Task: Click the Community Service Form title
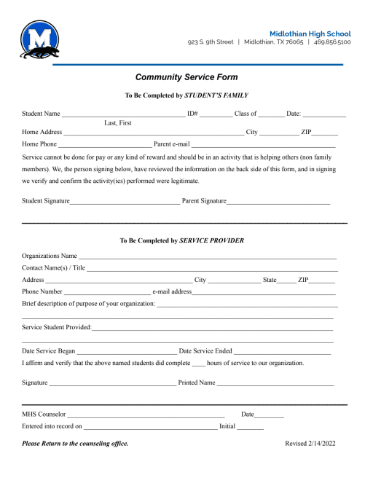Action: tap(186, 77)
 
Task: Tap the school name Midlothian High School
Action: tap(310, 34)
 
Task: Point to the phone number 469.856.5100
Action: tap(332, 42)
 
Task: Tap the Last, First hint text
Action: tap(118, 123)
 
